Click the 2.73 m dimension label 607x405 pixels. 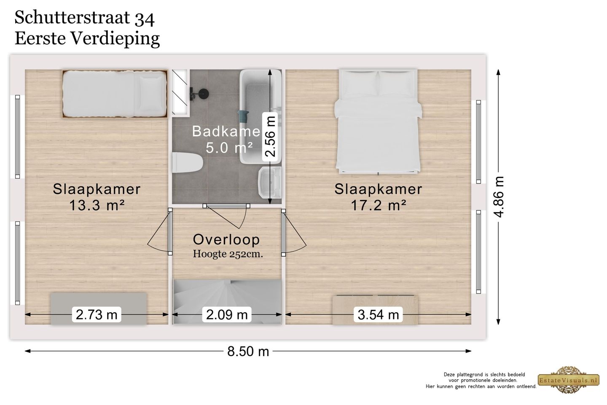point(97,315)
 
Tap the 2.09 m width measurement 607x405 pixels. point(227,315)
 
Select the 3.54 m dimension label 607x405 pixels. point(378,315)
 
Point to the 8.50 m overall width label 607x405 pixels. point(248,351)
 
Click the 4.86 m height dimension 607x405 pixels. point(499,197)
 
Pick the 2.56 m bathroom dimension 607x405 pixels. point(270,136)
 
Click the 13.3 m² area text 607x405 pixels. point(97,205)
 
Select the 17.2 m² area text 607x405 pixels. point(378,205)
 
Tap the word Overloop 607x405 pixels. point(226,240)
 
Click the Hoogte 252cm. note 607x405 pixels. point(228,254)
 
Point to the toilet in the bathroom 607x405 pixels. point(188,163)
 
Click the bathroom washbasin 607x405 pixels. point(270,182)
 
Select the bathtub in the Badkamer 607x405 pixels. point(261,116)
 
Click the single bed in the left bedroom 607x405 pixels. point(115,94)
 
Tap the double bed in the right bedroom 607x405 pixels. point(378,121)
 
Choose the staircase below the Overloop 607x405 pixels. point(227,302)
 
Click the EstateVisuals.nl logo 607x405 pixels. point(569,380)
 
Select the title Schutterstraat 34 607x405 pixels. point(85,18)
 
